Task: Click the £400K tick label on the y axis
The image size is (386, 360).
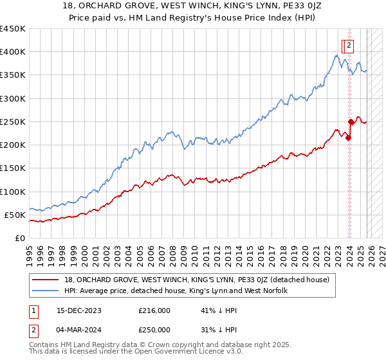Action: pos(12,52)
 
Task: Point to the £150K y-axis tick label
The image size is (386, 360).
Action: pos(12,168)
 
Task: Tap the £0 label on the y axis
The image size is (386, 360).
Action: pos(19,238)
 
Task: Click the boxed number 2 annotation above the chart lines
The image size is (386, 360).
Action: pos(348,46)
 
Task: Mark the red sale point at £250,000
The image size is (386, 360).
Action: pos(351,122)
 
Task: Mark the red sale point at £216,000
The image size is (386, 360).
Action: pos(348,138)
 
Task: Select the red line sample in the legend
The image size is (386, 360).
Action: pos(46,280)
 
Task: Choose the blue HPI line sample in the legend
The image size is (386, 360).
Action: pos(46,291)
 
